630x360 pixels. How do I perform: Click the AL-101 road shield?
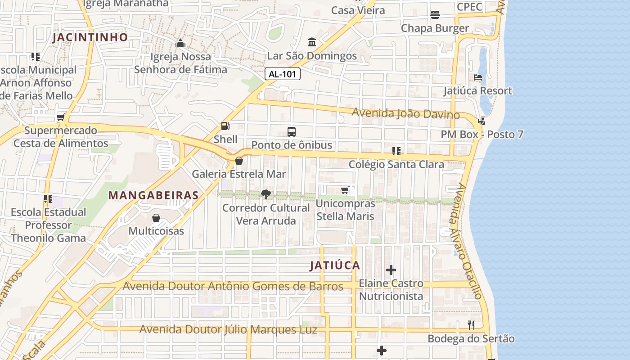click(x=282, y=74)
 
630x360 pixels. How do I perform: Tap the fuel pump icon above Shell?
click(x=225, y=126)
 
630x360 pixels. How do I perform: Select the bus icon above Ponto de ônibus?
click(x=292, y=132)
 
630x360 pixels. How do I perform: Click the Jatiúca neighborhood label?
click(x=335, y=265)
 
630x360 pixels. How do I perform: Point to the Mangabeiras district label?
click(x=153, y=195)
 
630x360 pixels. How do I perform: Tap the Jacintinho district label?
click(x=90, y=37)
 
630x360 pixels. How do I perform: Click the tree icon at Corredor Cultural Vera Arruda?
click(x=266, y=194)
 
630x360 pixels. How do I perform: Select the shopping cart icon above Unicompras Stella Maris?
click(x=345, y=190)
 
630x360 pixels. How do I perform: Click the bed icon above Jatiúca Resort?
click(x=478, y=77)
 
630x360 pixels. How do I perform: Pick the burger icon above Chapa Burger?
click(x=435, y=15)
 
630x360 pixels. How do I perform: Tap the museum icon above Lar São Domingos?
click(x=311, y=42)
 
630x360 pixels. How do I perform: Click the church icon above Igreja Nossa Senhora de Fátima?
click(x=180, y=43)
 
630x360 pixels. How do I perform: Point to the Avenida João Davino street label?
click(x=405, y=113)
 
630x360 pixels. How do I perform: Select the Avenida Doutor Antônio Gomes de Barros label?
click(x=233, y=286)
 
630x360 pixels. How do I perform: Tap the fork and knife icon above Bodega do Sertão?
click(x=471, y=325)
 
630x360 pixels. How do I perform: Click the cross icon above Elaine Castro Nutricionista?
click(x=391, y=270)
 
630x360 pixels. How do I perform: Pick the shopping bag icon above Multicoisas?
click(x=156, y=218)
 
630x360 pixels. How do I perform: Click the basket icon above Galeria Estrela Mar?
click(x=239, y=161)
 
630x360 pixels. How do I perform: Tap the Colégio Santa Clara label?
click(x=396, y=164)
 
